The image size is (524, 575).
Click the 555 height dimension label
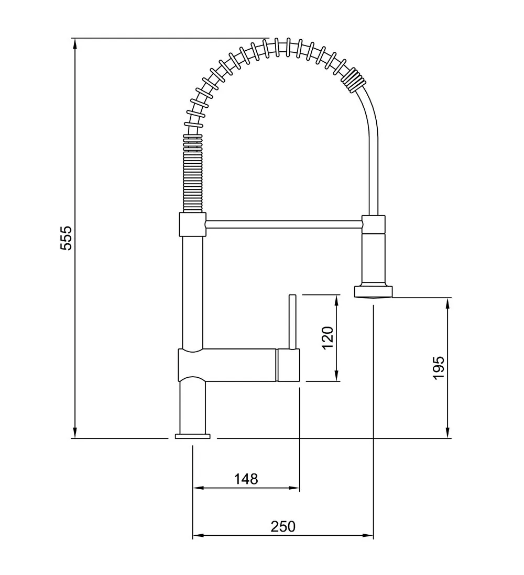click(67, 239)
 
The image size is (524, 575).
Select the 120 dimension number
click(327, 338)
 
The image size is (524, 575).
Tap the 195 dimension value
click(439, 367)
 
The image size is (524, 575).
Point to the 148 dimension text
click(246, 479)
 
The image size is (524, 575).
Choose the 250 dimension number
click(283, 526)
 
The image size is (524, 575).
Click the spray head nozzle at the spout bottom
click(374, 291)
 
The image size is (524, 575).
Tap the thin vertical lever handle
click(293, 322)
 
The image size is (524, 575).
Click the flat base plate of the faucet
click(193, 436)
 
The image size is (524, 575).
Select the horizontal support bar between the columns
click(284, 224)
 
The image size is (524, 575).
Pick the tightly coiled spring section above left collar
click(192, 173)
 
